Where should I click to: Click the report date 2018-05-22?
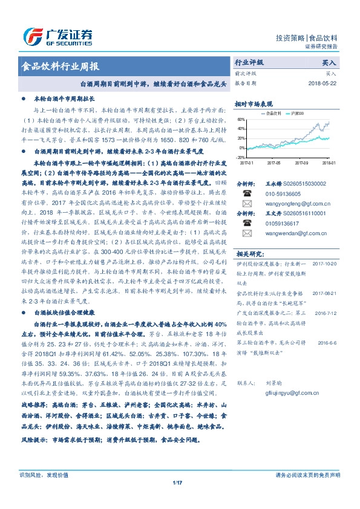(x=322, y=83)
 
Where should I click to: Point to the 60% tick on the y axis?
(x=241, y=120)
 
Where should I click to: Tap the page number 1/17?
(x=178, y=482)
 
